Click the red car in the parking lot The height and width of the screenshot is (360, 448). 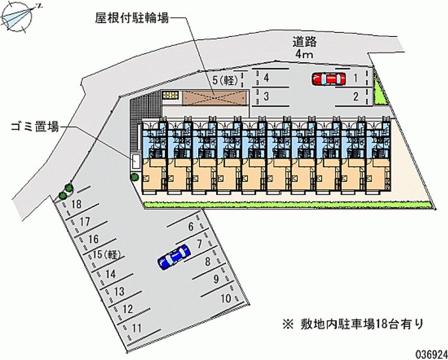click(x=329, y=80)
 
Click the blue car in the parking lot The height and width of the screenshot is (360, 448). click(x=174, y=257)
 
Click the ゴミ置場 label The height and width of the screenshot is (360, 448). click(x=35, y=127)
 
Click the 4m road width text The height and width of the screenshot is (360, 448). click(x=305, y=54)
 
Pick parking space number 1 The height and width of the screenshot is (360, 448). click(x=356, y=78)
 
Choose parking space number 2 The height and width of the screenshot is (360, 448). click(x=356, y=96)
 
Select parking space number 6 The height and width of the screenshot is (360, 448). click(x=191, y=227)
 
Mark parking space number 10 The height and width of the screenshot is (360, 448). click(x=226, y=298)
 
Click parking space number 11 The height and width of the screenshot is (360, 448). click(x=137, y=328)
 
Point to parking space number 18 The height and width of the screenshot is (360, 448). click(x=77, y=204)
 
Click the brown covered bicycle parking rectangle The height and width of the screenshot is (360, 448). click(x=214, y=97)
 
